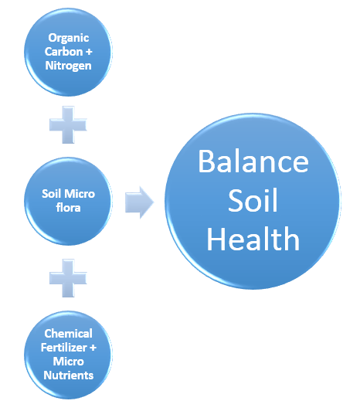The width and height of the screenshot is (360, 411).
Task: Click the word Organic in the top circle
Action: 69,39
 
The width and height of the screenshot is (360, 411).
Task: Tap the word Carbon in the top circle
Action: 63,51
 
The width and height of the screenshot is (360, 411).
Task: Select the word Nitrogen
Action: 69,66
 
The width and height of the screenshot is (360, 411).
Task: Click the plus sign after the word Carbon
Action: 89,52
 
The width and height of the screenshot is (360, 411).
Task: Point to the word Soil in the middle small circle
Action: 52,194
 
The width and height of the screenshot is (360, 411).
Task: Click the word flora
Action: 68,208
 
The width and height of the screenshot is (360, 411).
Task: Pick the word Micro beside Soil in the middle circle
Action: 80,194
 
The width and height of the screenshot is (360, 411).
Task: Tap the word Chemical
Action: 68,334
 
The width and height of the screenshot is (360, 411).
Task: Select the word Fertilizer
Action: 63,348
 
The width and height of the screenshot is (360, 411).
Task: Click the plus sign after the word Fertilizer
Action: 93,348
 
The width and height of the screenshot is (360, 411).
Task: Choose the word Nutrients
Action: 69,375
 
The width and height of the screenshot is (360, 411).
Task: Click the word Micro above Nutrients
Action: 69,362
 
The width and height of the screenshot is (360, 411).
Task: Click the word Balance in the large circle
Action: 253,161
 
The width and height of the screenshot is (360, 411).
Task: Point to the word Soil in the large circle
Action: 253,200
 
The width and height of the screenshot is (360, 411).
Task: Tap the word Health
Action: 253,239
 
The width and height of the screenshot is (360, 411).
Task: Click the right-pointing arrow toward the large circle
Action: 139,202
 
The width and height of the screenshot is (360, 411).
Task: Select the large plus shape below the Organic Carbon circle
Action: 68,125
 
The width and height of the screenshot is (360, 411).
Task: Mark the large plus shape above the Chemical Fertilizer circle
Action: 68,278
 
